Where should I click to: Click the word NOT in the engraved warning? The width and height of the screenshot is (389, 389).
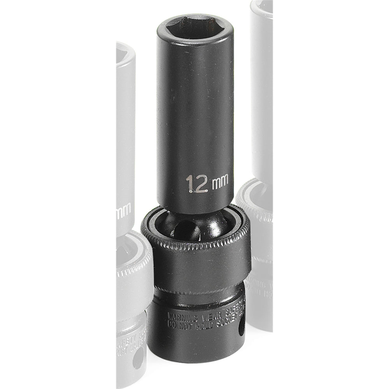[186, 326]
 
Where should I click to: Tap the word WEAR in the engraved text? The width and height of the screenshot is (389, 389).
[212, 316]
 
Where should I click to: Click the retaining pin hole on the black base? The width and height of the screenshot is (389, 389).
[242, 326]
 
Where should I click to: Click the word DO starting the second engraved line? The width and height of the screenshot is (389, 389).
[172, 324]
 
